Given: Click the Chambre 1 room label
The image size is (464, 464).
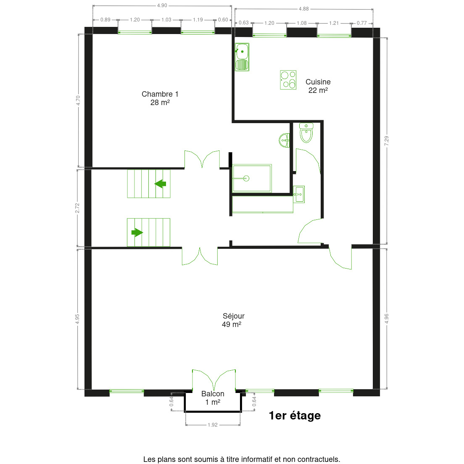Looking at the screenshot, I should pyautogui.click(x=160, y=98).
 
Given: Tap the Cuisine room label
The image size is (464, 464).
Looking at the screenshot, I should pyautogui.click(x=318, y=86).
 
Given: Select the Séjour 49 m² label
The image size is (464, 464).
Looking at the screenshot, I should pyautogui.click(x=233, y=320).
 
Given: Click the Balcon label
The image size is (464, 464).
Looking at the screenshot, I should pyautogui.click(x=213, y=398).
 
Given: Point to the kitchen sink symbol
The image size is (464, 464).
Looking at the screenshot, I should pyautogui.click(x=242, y=57).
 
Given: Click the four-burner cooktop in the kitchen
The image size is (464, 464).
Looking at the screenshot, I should pyautogui.click(x=288, y=80).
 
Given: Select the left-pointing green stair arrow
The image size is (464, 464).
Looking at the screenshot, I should pyautogui.click(x=160, y=184).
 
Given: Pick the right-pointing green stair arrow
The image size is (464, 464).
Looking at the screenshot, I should pyautogui.click(x=137, y=232).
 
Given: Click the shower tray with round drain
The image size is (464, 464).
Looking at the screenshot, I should pyautogui.click(x=252, y=179).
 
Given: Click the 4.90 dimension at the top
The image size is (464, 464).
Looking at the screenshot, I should pyautogui.click(x=162, y=5).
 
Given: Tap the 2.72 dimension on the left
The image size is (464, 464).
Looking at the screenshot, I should pyautogui.click(x=77, y=208).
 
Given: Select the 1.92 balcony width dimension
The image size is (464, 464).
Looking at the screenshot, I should pyautogui.click(x=213, y=425).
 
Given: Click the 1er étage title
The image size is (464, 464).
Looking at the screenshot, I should pyautogui.click(x=295, y=416).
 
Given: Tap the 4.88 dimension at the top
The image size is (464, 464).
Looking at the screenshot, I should pyautogui.click(x=303, y=9).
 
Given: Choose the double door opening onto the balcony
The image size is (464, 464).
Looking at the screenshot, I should pyautogui.click(x=214, y=380).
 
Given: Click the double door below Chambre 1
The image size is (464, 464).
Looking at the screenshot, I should pyautogui.click(x=202, y=159).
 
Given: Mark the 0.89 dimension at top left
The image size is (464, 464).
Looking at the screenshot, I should pyautogui.click(x=105, y=20).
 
